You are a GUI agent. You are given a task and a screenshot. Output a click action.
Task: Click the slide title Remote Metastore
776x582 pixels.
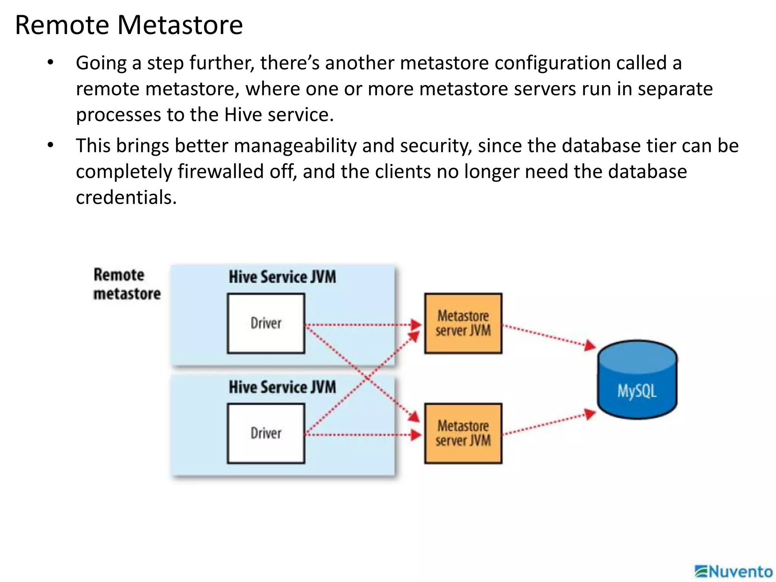point(129,25)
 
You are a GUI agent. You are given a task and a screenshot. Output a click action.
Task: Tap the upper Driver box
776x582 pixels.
point(266,323)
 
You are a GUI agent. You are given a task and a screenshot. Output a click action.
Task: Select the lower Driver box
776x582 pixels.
point(266,433)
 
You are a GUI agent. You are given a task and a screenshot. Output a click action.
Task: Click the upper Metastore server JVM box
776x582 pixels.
point(463,323)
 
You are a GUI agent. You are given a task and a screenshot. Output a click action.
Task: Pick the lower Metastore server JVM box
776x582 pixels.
point(463,433)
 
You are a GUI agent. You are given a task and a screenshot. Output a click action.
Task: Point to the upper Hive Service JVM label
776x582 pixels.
point(282,277)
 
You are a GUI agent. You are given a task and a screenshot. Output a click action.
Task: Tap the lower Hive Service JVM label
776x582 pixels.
point(282,387)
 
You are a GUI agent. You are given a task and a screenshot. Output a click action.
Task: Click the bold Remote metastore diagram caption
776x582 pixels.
point(127,284)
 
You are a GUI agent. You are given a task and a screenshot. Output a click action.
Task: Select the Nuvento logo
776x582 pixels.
point(734,571)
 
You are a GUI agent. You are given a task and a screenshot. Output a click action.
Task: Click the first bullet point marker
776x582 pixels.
point(50,63)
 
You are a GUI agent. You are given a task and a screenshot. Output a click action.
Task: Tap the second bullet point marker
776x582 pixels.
point(50,145)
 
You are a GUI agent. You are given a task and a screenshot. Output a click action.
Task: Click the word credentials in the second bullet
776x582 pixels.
point(126,197)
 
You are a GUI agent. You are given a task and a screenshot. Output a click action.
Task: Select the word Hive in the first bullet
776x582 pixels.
point(243,114)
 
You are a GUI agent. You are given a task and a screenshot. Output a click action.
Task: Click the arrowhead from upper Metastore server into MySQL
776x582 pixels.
point(590,346)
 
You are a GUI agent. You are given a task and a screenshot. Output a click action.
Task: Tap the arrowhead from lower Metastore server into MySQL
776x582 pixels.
point(590,414)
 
